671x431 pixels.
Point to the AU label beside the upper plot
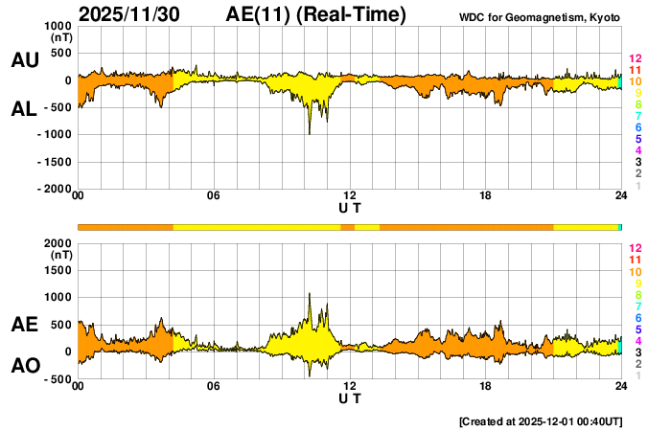24,60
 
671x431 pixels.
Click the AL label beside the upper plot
24,109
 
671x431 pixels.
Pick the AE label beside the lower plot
24,325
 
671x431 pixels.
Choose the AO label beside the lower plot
24,366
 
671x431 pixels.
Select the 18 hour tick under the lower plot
486,386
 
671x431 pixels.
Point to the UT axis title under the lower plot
350,397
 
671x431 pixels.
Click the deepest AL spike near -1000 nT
309,133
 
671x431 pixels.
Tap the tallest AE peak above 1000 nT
310,295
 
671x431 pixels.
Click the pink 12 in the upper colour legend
635,58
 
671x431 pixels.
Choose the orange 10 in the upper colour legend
635,81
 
